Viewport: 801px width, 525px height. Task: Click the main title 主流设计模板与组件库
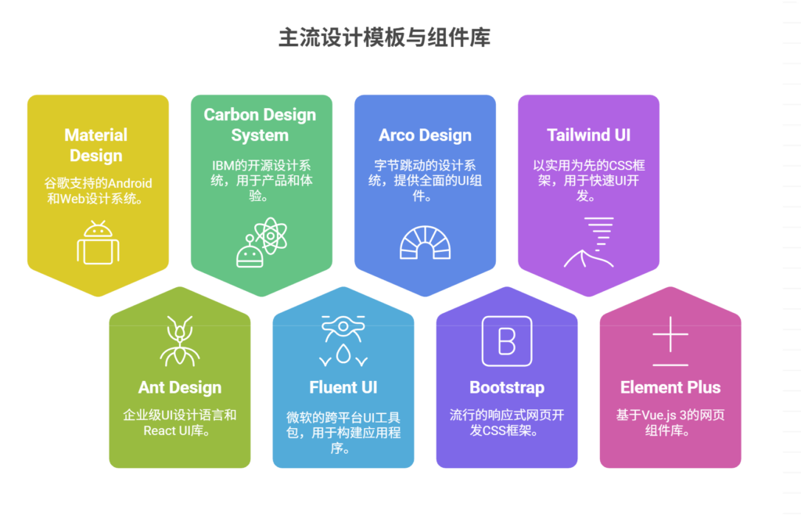[384, 38]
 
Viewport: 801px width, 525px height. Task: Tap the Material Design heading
[96, 146]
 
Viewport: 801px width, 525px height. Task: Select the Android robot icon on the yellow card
[98, 243]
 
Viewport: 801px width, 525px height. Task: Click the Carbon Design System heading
[260, 124]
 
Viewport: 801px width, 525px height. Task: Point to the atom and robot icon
[261, 243]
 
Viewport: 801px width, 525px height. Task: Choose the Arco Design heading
[425, 135]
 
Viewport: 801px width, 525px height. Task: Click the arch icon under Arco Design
[425, 243]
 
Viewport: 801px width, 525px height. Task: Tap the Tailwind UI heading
[588, 135]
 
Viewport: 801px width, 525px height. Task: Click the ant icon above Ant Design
[180, 341]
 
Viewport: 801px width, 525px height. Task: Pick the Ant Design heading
[180, 387]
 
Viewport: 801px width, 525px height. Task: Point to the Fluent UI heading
[343, 387]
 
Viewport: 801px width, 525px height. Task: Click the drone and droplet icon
[343, 340]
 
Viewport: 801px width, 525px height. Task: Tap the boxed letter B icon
[507, 341]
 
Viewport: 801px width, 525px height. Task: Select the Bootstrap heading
[507, 387]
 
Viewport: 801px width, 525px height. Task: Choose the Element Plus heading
[670, 387]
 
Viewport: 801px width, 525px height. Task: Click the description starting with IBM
[261, 181]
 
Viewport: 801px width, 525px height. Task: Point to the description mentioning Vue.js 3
[670, 423]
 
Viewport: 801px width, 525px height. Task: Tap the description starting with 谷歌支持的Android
[98, 191]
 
